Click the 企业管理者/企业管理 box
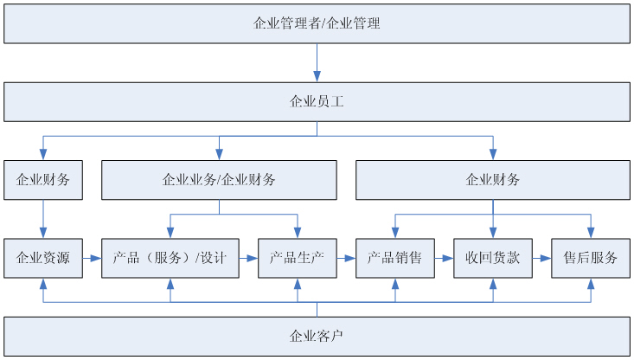click(x=317, y=23)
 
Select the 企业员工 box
click(x=317, y=102)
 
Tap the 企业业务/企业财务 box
click(x=219, y=180)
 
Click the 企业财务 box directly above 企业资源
click(x=43, y=180)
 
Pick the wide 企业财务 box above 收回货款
click(x=493, y=180)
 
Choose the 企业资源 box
click(x=43, y=258)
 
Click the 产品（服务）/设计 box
click(x=170, y=258)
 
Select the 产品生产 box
click(x=298, y=258)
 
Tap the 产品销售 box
click(x=395, y=258)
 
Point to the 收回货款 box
click(x=493, y=258)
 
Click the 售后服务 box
click(x=591, y=258)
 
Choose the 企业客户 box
click(x=317, y=336)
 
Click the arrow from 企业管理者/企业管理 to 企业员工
click(x=317, y=62)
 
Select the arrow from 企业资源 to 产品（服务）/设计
click(x=92, y=258)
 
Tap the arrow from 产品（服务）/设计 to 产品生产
click(x=248, y=258)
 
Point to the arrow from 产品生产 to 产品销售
click(x=346, y=258)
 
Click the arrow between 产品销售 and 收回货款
click(x=444, y=258)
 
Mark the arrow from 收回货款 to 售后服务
click(x=541, y=258)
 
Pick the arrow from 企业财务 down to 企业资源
click(x=43, y=219)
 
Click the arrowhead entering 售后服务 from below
click(x=591, y=284)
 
